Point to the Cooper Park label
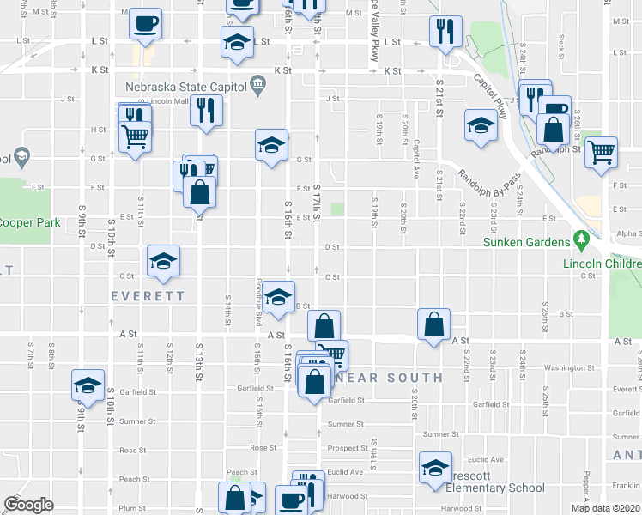(30, 223)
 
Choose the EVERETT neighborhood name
(147, 296)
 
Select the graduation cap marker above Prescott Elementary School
(435, 468)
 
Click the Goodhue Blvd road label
(258, 302)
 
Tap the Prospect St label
(348, 448)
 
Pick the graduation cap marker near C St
(163, 262)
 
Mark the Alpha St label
(627, 233)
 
